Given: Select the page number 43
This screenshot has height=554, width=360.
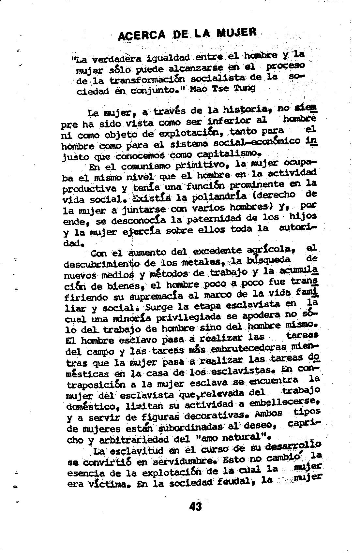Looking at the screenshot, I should [195, 507].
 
